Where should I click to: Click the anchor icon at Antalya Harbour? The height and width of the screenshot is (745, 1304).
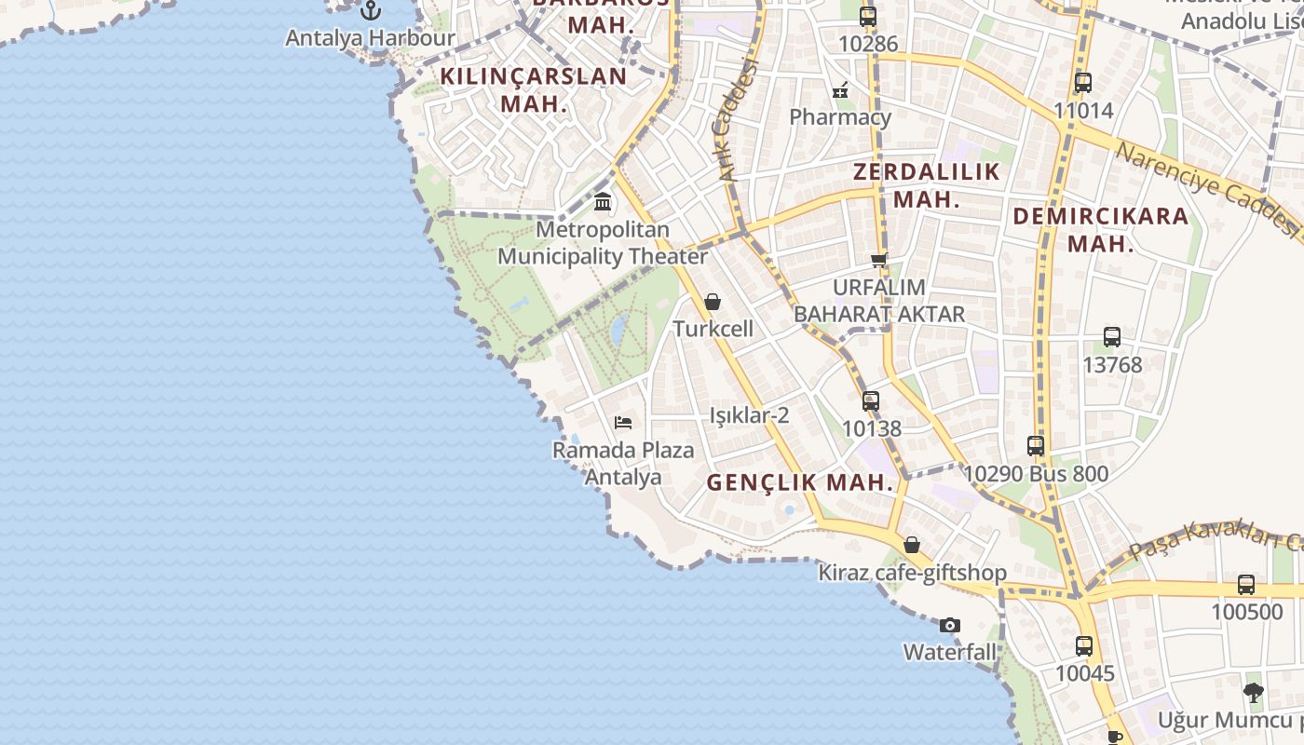coord(372,10)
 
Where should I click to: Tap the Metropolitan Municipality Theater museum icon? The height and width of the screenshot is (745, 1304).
coord(603,201)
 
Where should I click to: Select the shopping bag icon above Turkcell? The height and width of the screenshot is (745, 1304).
coord(713,302)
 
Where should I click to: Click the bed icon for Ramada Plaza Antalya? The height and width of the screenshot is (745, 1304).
coord(623,423)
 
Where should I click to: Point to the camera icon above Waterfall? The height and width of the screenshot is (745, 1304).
coord(950,625)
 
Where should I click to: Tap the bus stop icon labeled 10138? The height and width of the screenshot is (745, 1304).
coord(871,401)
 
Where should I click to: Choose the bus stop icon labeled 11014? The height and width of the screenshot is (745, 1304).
coord(1083,83)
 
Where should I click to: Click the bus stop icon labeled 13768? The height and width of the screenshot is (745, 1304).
coord(1112,337)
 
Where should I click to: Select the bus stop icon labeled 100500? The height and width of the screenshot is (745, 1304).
coord(1246,585)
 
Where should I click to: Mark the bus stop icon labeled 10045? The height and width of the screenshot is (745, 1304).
coord(1084,645)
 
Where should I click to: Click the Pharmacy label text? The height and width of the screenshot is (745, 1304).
coord(840,117)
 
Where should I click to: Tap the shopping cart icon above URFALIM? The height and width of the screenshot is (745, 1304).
coord(878,260)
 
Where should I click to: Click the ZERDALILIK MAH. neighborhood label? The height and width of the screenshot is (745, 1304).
coord(927,185)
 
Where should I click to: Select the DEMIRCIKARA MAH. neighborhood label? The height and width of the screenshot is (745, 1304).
coord(1101,230)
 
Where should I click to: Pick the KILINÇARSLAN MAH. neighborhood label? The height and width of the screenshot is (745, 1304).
coord(534,90)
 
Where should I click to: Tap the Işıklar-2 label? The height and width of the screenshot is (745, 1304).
coord(750,415)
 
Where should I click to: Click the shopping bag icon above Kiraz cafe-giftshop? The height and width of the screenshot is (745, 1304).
coord(912,545)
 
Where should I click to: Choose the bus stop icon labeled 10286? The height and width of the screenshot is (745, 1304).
coord(868,16)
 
